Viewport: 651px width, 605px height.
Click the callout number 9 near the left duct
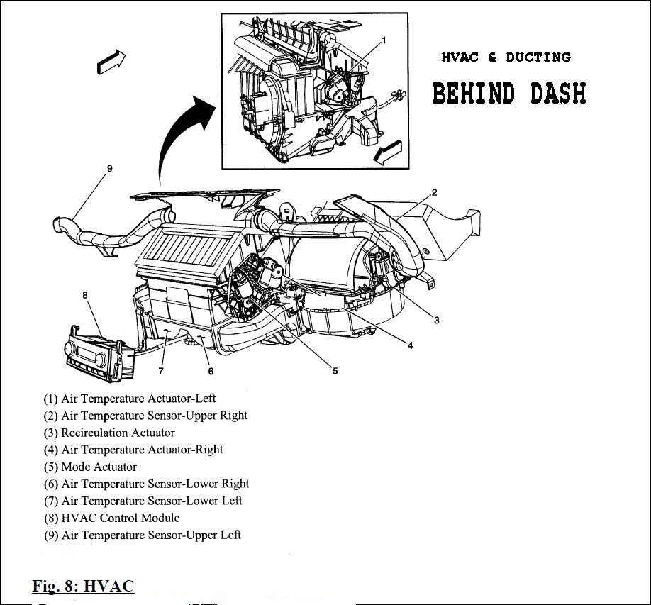point(109,169)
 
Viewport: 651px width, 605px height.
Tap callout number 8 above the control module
point(85,294)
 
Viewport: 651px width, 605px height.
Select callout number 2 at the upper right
point(434,192)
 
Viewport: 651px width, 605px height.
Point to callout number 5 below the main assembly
point(335,370)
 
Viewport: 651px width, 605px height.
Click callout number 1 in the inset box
point(384,40)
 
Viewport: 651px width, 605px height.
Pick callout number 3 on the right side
point(436,320)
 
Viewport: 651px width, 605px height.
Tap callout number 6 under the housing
point(210,370)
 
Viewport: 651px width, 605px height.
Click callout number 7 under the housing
point(161,370)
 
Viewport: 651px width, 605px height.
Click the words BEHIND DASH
point(509,93)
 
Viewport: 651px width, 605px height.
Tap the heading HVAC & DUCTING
point(506,57)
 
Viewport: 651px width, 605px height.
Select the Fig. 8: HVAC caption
point(83,586)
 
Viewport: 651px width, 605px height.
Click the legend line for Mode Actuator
point(90,467)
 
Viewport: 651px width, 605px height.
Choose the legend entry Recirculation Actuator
point(109,433)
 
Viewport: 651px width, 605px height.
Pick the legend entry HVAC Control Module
point(111,518)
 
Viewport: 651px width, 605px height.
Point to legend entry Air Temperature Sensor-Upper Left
point(143,535)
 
